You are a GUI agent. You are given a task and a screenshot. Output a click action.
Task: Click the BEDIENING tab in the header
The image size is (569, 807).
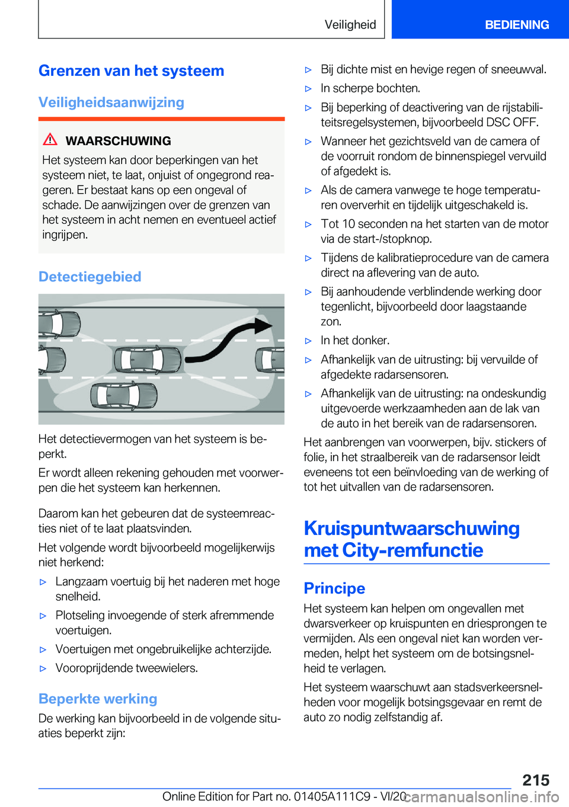click(517, 25)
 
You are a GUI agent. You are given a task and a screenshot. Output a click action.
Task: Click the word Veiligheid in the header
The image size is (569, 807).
click(350, 25)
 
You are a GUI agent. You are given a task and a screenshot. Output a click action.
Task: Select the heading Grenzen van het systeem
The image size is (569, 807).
click(131, 71)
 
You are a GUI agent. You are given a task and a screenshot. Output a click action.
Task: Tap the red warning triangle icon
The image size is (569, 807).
click(50, 140)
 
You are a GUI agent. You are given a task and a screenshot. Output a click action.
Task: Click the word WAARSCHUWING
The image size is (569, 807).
click(118, 141)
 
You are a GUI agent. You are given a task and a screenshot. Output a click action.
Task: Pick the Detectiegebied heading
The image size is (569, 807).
click(89, 277)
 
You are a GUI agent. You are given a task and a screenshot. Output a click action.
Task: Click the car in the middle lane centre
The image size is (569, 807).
click(148, 359)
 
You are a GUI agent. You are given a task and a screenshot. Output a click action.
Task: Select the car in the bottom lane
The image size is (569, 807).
click(124, 395)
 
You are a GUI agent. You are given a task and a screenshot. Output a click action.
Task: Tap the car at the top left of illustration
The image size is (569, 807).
click(59, 323)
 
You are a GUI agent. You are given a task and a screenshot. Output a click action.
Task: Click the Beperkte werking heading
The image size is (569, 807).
click(98, 699)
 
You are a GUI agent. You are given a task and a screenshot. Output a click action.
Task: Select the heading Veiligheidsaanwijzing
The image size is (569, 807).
click(111, 103)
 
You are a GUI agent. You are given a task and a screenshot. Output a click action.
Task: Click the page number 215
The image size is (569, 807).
click(536, 780)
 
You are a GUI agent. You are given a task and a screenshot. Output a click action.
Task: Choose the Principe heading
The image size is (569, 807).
click(334, 588)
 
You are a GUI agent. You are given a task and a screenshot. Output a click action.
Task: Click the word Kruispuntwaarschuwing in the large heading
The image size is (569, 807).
click(411, 529)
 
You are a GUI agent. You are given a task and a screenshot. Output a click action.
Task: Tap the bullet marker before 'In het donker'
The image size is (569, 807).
click(308, 341)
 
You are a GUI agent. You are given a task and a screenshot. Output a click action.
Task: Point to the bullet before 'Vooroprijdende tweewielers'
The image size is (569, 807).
click(43, 669)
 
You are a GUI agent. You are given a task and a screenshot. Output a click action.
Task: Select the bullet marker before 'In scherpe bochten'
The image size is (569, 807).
click(308, 89)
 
